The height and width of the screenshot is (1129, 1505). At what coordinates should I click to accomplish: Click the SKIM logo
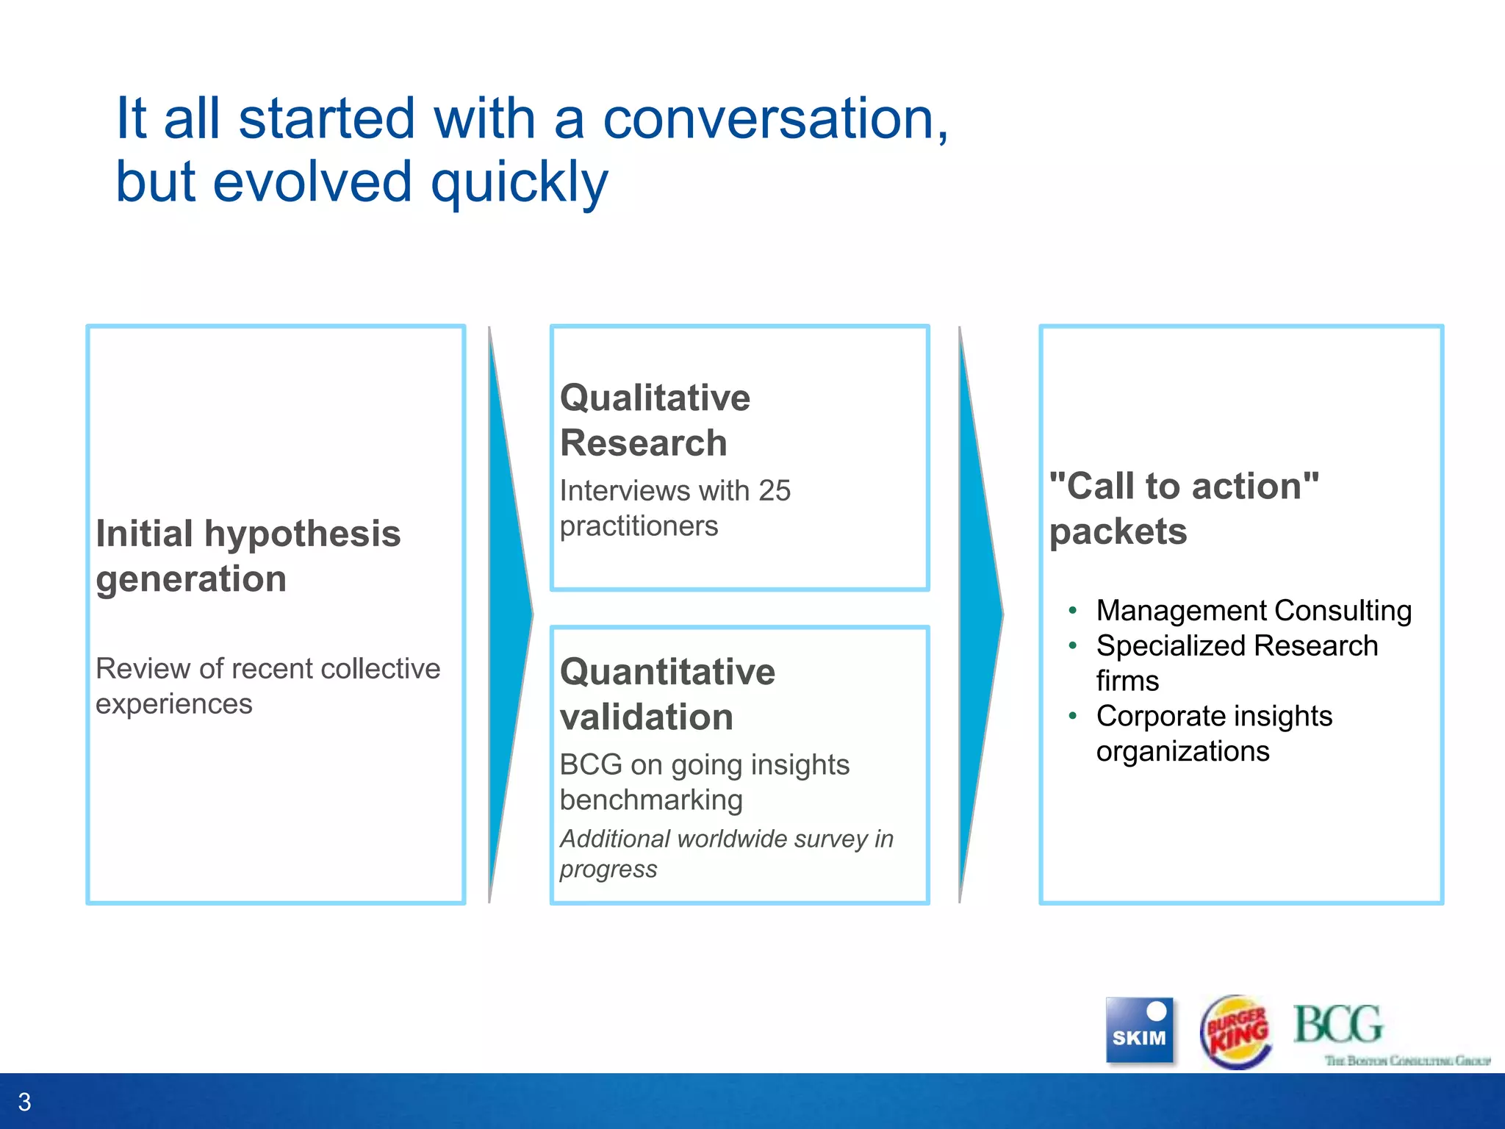(1139, 1030)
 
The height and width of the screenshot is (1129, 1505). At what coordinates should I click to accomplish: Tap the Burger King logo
(1237, 1031)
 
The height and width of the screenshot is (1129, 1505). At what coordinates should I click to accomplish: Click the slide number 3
(24, 1102)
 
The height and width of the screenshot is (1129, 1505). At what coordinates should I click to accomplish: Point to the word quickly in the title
(519, 183)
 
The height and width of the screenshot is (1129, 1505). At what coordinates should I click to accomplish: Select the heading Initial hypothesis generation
(248, 556)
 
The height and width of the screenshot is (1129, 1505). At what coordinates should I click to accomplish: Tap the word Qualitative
(655, 398)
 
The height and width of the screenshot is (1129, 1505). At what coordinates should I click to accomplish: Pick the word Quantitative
(667, 672)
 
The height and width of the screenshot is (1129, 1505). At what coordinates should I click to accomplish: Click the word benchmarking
(651, 800)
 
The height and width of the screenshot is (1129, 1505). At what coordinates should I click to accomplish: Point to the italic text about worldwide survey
(725, 853)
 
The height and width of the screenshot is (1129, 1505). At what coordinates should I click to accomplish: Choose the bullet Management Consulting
(1253, 611)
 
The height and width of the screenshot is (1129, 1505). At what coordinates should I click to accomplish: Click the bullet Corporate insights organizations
(1213, 733)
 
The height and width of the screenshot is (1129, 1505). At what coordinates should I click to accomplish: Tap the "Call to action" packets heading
(1183, 508)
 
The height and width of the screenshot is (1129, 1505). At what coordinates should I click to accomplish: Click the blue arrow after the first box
(509, 614)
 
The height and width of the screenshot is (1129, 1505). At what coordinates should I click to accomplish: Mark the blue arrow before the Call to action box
(980, 614)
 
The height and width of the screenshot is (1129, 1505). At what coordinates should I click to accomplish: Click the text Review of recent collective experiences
(267, 686)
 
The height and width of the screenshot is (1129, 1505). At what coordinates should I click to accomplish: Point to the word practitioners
(639, 526)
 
